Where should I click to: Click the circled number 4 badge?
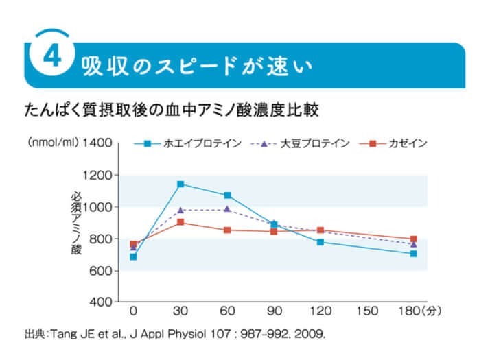[x=52, y=57]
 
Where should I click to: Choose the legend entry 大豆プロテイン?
[x=306, y=143]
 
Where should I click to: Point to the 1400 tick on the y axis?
[x=97, y=143]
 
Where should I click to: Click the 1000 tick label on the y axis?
[x=97, y=207]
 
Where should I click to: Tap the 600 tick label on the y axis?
[x=100, y=271]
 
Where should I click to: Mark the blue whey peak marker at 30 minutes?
[x=180, y=184]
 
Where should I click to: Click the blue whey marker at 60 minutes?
[x=227, y=195]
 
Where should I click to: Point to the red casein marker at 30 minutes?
[x=180, y=222]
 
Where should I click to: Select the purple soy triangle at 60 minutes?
[x=227, y=209]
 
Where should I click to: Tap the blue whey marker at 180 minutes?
[x=413, y=254]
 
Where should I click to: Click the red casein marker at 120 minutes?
[x=320, y=230]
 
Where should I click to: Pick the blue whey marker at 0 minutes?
[x=133, y=256]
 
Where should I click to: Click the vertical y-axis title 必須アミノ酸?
[x=76, y=223]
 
